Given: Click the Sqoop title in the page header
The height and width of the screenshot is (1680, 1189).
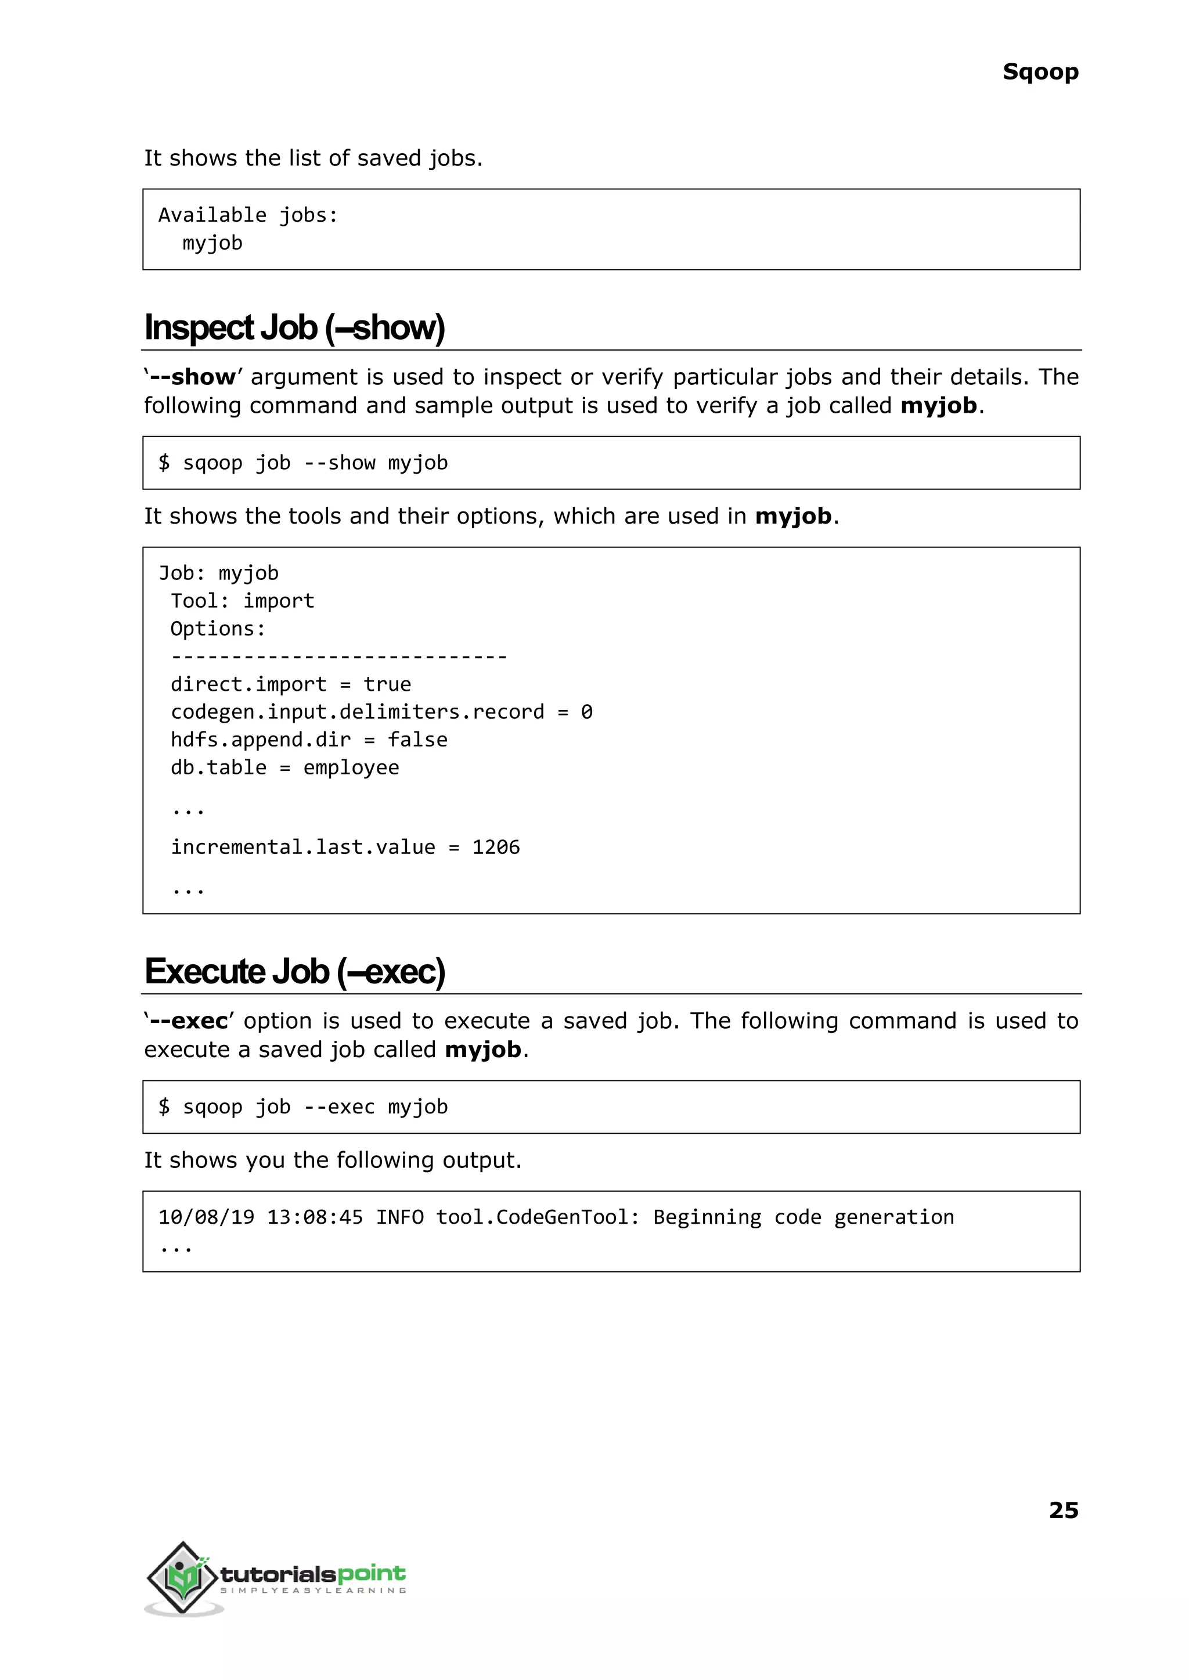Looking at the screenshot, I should point(1040,72).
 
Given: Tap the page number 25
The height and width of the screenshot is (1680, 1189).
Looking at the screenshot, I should point(1063,1509).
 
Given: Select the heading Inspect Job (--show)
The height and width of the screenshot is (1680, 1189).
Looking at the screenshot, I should point(294,327).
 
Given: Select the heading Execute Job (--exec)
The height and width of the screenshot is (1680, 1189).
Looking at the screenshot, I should point(294,971).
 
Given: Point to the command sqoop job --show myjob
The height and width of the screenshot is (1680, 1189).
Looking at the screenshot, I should point(315,463).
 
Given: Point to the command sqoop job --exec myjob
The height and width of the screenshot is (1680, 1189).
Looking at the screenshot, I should point(315,1107).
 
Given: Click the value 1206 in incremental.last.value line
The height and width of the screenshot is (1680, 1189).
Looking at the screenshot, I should point(496,847).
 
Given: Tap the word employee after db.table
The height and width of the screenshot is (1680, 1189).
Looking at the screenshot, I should point(351,767).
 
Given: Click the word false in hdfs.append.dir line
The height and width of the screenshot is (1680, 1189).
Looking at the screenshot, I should point(417,740).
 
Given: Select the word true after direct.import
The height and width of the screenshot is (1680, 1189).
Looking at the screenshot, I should point(387,684).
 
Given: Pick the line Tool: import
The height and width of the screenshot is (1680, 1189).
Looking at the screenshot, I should point(242,601).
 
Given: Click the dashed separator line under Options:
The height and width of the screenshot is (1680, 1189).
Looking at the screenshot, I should point(338,657).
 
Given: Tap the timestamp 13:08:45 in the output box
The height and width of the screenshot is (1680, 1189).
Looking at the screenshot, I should point(314,1217).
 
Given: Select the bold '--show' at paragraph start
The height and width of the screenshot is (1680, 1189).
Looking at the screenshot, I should point(191,377).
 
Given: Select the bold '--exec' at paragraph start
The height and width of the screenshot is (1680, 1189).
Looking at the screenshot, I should point(188,1021).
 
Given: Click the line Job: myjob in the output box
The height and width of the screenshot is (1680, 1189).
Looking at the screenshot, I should point(218,573).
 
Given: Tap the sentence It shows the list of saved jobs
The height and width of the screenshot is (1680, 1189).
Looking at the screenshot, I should point(312,158).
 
